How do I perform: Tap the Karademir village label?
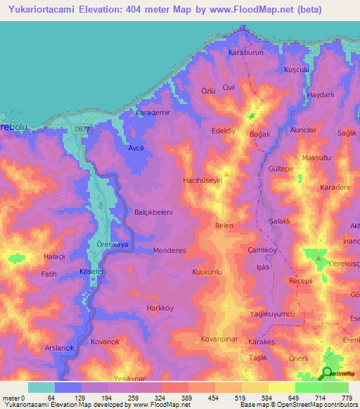coord(153,112)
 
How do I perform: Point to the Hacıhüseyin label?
coord(203,181)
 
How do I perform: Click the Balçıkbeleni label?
coord(153,211)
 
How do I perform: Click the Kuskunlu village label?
coord(207,271)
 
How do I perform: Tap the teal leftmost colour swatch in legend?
coord(41,387)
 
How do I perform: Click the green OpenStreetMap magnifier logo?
coord(328,373)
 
